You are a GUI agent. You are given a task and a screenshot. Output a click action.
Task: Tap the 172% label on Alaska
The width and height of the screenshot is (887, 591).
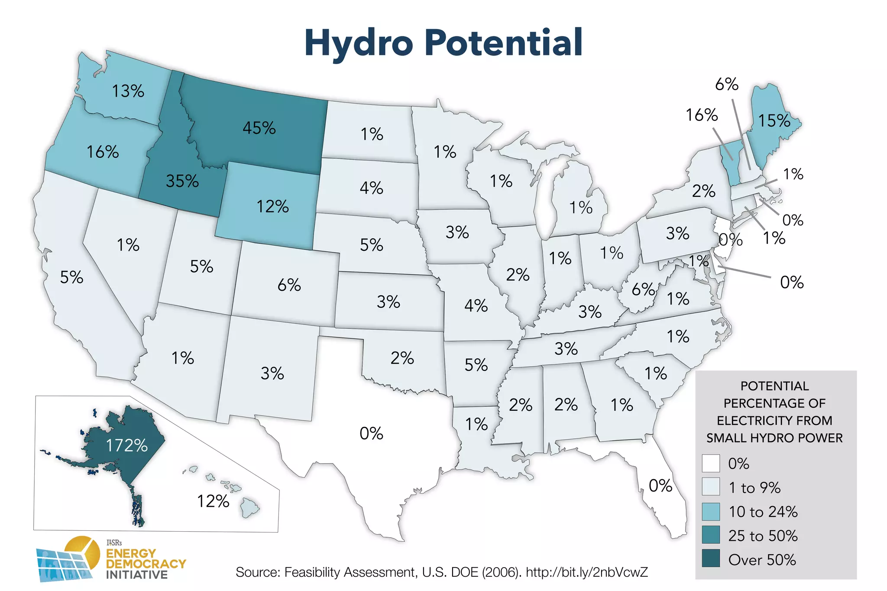point(126,445)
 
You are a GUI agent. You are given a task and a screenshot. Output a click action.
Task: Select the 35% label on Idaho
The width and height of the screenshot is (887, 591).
point(182,181)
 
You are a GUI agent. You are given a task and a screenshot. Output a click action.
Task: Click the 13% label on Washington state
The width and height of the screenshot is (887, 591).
point(128,91)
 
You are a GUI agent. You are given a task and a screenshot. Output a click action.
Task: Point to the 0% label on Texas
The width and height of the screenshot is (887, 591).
point(371,433)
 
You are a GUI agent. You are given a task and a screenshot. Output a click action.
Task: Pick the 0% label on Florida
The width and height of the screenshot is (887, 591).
point(660,486)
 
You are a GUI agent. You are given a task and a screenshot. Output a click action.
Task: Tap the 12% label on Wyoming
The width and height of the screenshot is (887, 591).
point(272,206)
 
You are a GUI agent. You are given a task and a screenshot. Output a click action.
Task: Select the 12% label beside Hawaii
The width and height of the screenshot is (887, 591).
point(213,501)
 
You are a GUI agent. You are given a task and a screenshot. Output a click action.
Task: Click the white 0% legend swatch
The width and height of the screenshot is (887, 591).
point(711,463)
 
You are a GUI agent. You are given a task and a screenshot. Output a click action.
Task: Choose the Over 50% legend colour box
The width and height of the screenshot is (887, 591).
point(711,559)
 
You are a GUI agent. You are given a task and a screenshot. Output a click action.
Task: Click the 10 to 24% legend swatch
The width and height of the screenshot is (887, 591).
point(711,511)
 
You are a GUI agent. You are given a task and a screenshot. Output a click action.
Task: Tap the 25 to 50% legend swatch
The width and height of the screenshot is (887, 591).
point(711,535)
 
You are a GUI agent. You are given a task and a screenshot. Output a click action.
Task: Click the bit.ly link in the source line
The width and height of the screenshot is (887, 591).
point(587,572)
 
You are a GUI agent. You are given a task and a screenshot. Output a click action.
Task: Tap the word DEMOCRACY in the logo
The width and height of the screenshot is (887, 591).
point(146,564)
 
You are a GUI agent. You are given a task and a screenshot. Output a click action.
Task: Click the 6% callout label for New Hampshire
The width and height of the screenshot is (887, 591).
point(726,84)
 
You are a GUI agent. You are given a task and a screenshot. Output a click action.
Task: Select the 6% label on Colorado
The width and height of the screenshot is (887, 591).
point(289,285)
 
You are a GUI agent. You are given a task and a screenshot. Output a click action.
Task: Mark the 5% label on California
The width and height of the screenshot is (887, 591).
point(71,277)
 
